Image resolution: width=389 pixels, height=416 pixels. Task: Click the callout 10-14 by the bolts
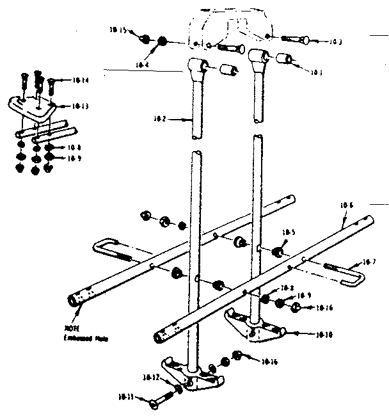[x=81, y=80]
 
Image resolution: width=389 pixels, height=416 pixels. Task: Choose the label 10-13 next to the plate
[x=80, y=105]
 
